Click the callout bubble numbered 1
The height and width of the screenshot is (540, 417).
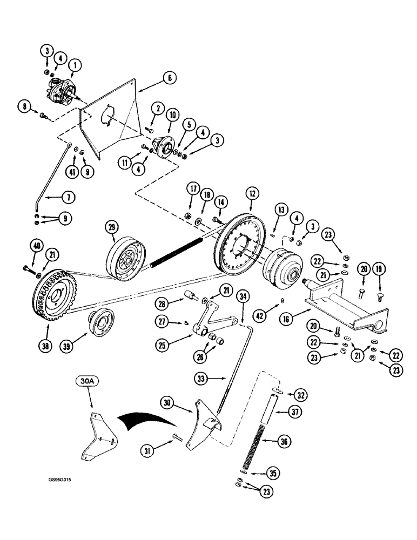coord(75,66)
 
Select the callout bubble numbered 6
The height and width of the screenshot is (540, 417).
coord(169,78)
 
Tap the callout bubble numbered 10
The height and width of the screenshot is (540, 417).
coord(172,116)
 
